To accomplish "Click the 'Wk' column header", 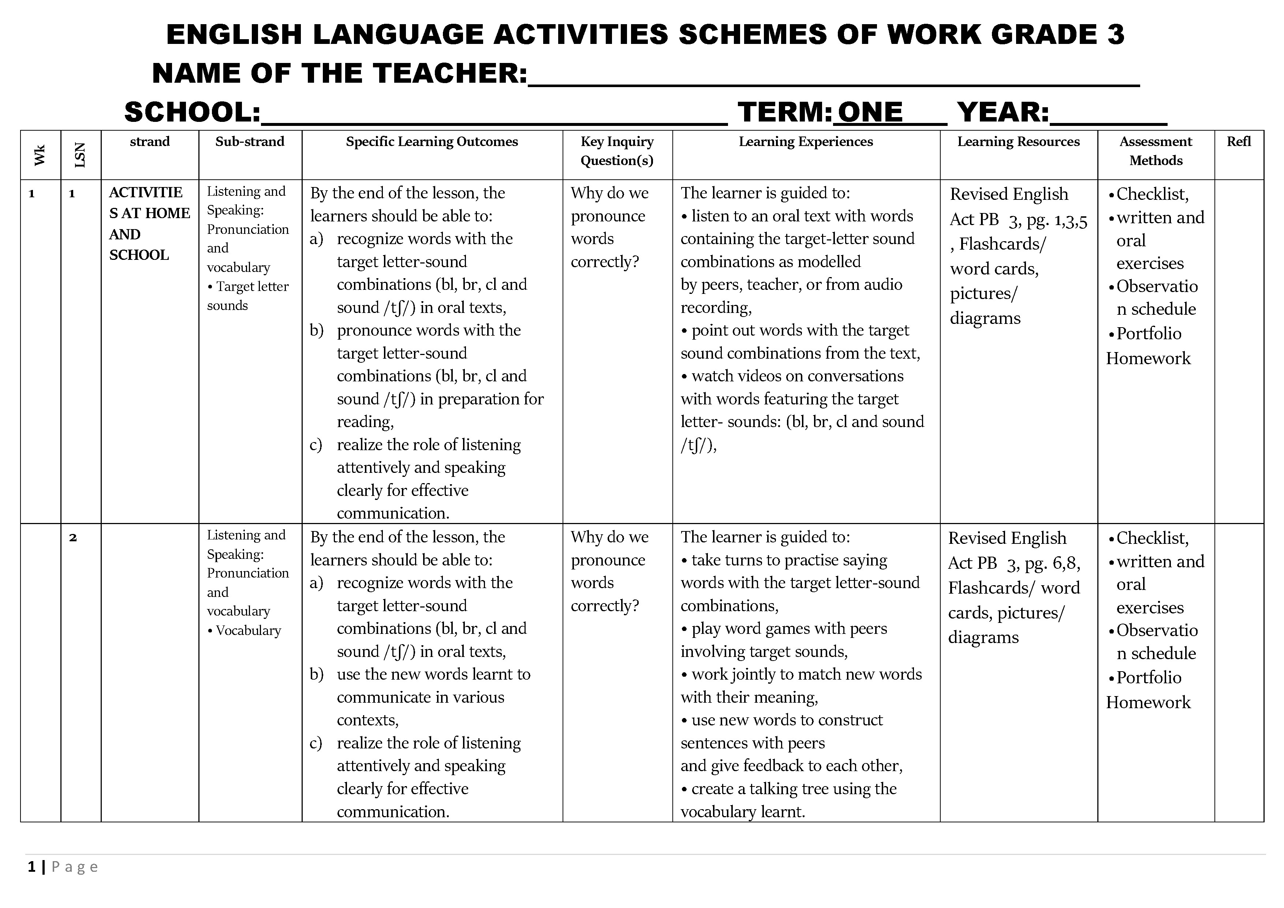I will coord(40,155).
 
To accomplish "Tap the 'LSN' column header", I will coord(80,155).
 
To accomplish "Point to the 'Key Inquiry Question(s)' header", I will coord(616,151).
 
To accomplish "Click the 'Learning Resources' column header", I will coord(1018,142).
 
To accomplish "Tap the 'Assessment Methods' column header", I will coord(1156,151).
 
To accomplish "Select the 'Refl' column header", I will coord(1238,142).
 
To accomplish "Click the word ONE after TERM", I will coord(870,112).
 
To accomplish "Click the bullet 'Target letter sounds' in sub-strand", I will coord(248,295).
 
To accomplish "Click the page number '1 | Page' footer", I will coord(63,867).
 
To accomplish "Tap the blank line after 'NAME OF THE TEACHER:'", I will coord(833,75).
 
